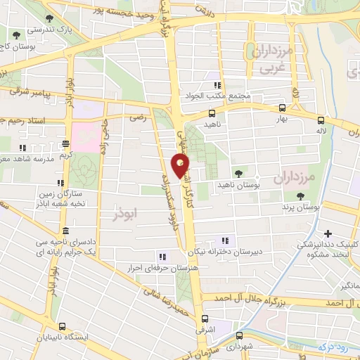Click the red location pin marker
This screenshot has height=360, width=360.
181,165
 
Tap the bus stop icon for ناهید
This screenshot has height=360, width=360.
212,112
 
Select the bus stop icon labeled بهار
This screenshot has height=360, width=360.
282,108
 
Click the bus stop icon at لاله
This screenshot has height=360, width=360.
321,120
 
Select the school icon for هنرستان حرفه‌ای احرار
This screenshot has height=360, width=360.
163,257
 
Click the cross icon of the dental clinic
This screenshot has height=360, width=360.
328,233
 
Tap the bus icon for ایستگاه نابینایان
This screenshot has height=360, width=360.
63,326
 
